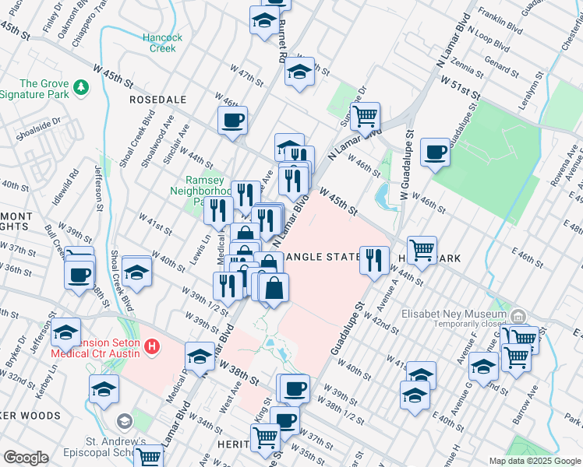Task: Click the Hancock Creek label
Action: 162,42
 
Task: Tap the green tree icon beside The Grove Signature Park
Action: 80,84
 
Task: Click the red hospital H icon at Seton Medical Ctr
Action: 153,345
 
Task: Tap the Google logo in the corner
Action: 26,458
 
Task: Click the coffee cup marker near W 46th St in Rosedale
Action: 232,121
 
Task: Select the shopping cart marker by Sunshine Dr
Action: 364,118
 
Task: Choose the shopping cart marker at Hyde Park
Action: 422,251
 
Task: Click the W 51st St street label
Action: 458,86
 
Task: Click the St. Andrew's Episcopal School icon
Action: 124,421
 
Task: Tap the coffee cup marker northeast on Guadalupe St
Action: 435,151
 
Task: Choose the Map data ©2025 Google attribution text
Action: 534,461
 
